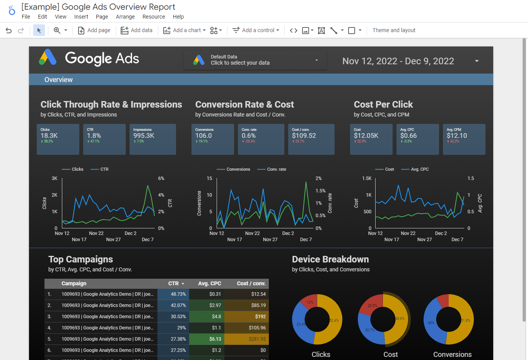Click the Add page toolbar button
94,30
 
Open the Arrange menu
125,17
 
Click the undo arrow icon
9,30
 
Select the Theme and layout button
394,30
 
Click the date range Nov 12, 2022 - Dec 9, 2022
398,61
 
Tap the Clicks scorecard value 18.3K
49,135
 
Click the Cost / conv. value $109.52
304,135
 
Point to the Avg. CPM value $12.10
457,135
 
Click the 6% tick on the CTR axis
161,178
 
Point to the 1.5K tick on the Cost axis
367,178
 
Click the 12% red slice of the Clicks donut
309,302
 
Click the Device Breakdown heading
330,259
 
